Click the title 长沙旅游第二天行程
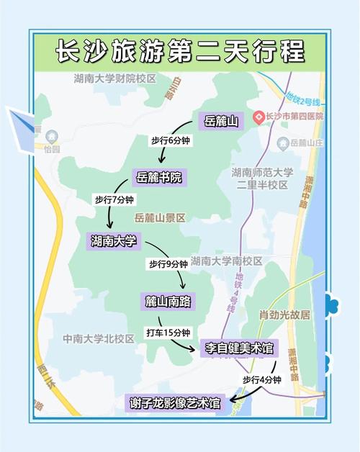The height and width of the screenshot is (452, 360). [180, 51]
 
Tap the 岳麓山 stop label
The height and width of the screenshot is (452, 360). [220, 121]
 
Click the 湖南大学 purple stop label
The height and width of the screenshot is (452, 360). [114, 240]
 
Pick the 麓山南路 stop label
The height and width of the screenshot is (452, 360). [167, 301]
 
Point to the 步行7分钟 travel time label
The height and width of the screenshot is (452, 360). [115, 199]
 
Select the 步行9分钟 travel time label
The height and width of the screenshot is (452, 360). [168, 264]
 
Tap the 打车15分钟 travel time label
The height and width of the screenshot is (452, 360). [168, 333]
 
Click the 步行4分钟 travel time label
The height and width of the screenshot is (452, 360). [261, 379]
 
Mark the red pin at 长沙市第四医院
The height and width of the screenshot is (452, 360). [258, 115]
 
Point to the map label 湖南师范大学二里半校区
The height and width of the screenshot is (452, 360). [262, 178]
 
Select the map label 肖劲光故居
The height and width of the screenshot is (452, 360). [284, 315]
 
